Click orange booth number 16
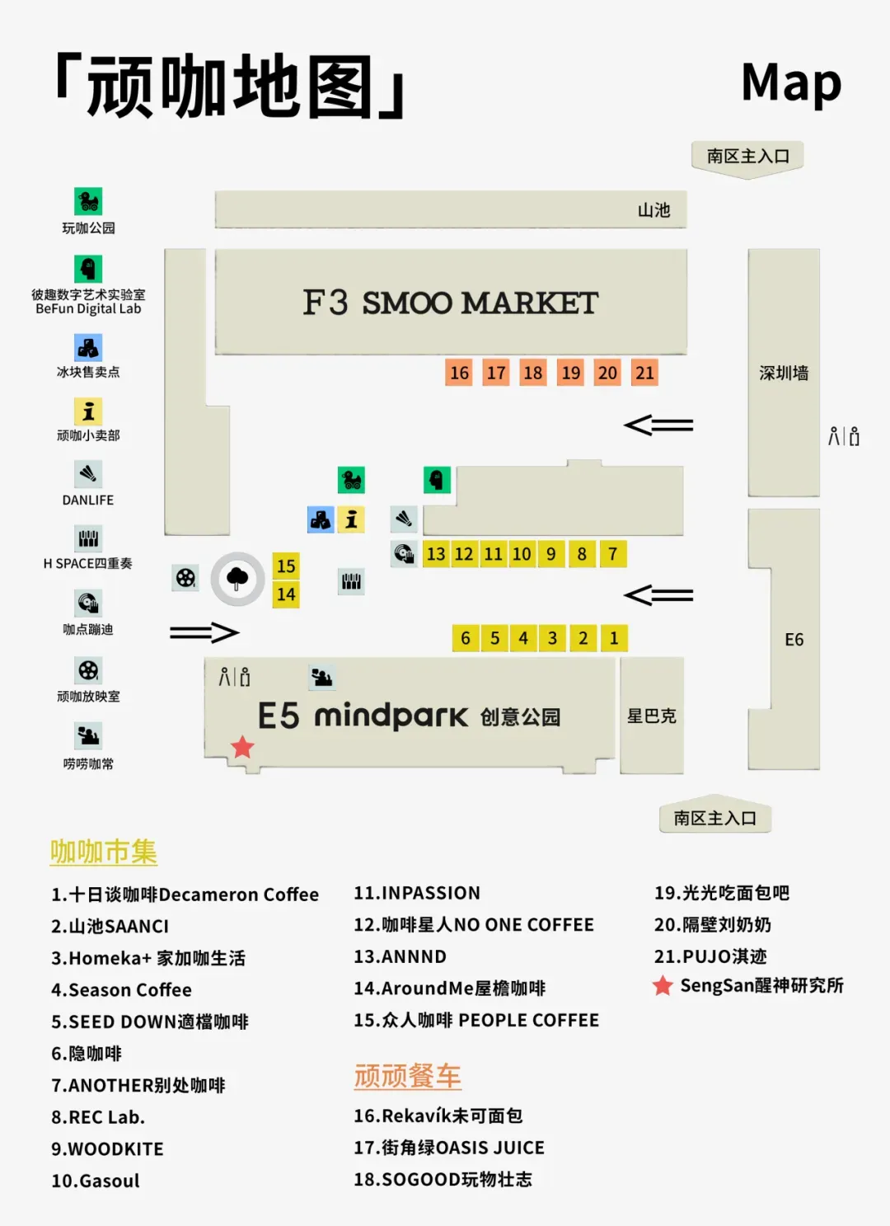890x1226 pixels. coord(459,373)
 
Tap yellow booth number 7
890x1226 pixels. coord(613,553)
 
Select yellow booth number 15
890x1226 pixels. coord(286,566)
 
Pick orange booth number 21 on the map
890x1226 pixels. coord(644,373)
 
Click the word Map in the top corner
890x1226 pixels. coord(791,83)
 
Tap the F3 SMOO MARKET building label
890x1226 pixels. coord(451,303)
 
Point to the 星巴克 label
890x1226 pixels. coord(652,716)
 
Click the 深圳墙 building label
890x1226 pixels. coord(784,373)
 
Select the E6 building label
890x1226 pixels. coord(794,639)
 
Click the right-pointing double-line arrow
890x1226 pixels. coord(204,632)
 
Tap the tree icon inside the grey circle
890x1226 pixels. coord(237,578)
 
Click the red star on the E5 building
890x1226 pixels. coord(242,747)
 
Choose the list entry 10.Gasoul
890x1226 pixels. coord(96,1181)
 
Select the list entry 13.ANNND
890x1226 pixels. coord(400,956)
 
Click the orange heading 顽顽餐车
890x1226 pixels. coord(408,1075)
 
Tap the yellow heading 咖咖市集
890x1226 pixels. coord(103,852)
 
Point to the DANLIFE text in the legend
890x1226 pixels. coord(88,500)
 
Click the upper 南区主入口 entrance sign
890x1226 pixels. coord(747,157)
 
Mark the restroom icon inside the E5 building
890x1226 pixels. coord(234,677)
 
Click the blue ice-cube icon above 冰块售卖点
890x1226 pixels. coord(88,348)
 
